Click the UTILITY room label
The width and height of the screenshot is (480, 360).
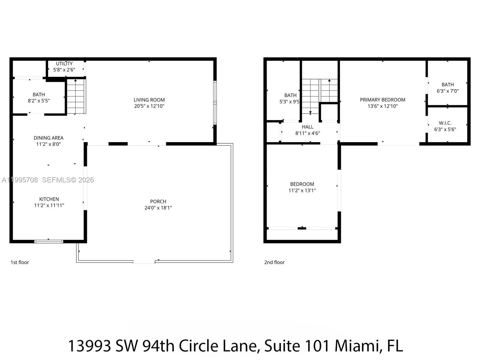click(64, 64)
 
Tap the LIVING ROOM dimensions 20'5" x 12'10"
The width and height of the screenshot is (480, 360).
click(149, 106)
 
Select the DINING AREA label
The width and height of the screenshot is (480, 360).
click(48, 138)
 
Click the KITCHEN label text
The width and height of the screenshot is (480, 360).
click(49, 199)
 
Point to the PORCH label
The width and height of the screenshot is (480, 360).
click(158, 202)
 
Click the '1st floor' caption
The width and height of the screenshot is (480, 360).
click(20, 262)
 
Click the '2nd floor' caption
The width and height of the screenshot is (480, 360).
click(274, 262)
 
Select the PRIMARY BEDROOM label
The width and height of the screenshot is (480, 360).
click(382, 100)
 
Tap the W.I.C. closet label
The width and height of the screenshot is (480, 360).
click(445, 123)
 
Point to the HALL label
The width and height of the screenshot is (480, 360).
click(307, 127)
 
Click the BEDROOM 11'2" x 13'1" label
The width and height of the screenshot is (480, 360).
click(302, 184)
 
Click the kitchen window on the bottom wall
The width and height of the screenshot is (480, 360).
click(49, 241)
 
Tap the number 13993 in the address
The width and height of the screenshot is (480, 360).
click(90, 346)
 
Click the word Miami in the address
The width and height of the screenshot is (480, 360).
click(357, 346)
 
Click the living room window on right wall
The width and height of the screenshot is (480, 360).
click(215, 102)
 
